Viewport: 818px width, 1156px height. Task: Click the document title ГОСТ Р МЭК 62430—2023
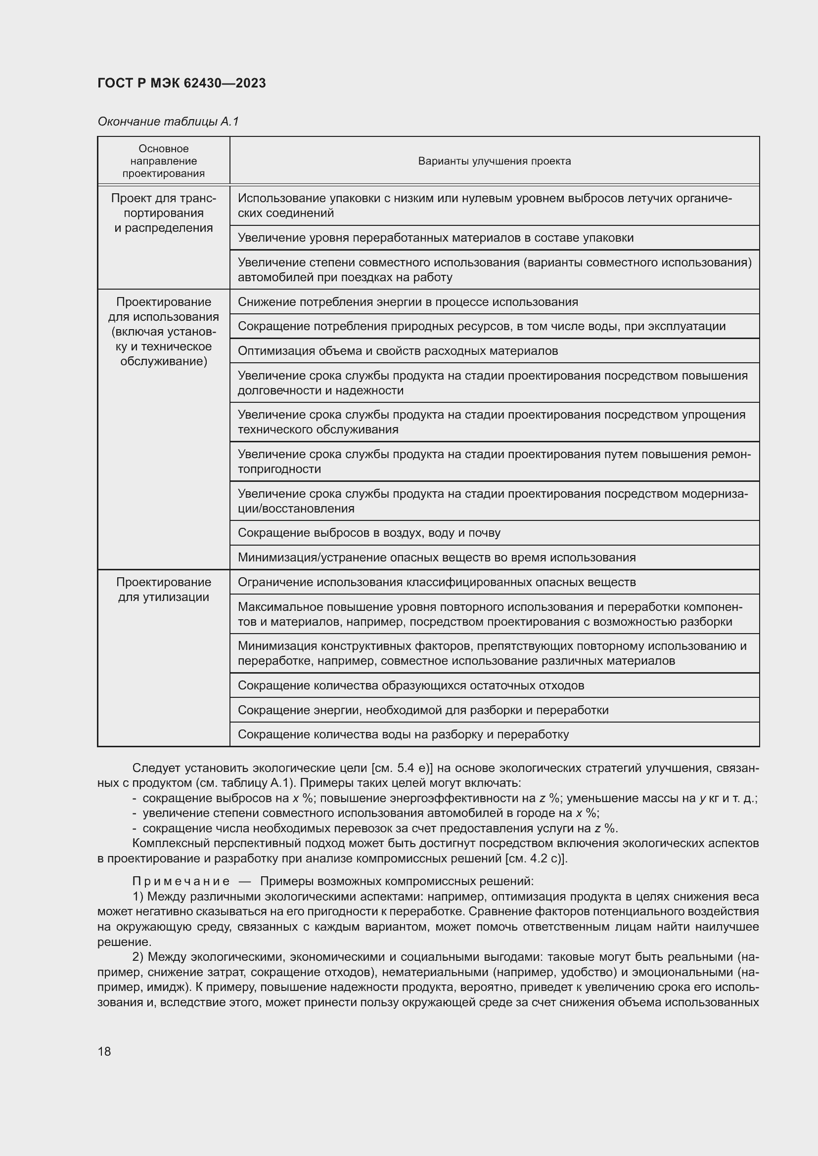pos(182,83)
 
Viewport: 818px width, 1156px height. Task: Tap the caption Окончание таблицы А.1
pos(168,122)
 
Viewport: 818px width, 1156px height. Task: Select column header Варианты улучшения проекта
pos(494,161)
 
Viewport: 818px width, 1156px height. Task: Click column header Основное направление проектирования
pos(163,161)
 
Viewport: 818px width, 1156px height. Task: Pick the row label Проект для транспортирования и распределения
pos(163,213)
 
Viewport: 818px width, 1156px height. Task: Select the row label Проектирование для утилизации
pos(163,590)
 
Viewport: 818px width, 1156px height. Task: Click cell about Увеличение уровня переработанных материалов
pos(435,238)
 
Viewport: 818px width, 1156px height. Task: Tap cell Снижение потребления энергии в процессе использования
pos(408,301)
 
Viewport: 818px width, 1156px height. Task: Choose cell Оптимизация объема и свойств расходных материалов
pos(398,351)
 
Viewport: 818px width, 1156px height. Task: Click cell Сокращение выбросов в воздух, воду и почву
pos(369,533)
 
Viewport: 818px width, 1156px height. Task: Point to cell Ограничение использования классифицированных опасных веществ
pos(436,582)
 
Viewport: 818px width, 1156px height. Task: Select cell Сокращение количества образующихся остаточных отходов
pos(410,685)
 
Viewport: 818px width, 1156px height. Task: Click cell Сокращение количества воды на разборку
pos(403,734)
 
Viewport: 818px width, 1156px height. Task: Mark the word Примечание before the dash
pos(181,881)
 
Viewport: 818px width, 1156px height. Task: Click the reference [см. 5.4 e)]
pos(405,768)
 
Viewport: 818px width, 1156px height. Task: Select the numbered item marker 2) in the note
pos(138,957)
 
